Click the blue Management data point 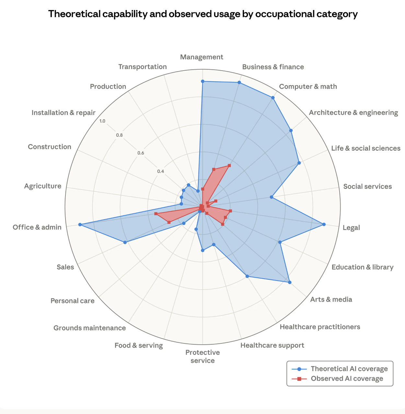[202, 81]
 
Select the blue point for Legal [324, 224]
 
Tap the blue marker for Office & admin [80, 224]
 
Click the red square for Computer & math [229, 166]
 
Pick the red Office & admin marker [156, 214]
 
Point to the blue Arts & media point [290, 282]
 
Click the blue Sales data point [125, 242]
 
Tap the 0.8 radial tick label [120, 135]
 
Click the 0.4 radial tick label [161, 171]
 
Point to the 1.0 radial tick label [102, 121]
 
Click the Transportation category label [143, 67]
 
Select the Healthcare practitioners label [320, 327]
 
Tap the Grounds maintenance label [89, 328]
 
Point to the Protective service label [202, 356]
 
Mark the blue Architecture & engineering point [291, 131]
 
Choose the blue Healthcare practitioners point [247, 276]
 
